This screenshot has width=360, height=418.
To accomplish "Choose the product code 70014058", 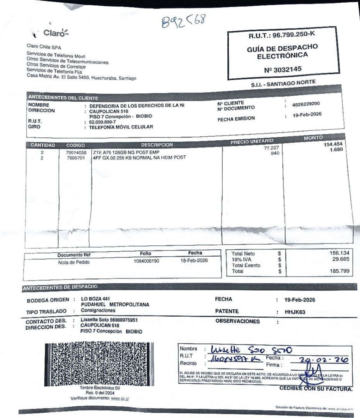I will coord(76,153).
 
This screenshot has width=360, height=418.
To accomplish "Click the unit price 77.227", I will coord(271,148).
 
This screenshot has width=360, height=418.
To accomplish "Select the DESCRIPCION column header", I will coord(157,145).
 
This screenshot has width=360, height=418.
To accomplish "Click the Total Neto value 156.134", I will coord(339,253).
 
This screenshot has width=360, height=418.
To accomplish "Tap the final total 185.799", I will coord(340,271).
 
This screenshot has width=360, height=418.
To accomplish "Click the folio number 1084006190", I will coord(146,261).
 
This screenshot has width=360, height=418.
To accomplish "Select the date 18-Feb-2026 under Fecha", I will coord(194,260).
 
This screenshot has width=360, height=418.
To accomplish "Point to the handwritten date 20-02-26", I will coord(323,360).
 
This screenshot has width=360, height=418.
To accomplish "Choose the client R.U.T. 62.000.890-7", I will coord(102,122).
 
